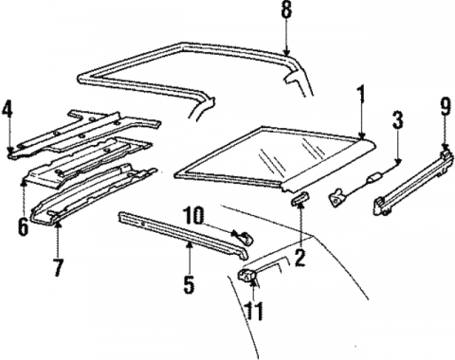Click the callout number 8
tap(287, 11)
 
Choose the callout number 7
tap(58, 267)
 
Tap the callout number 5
tap(188, 281)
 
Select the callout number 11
tap(252, 308)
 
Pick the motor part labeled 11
tap(251, 277)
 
